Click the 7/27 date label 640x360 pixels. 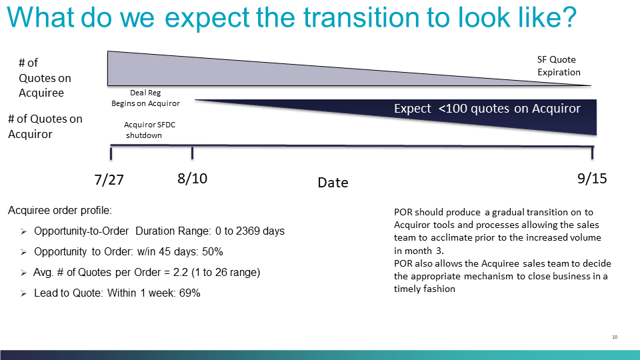click(x=109, y=179)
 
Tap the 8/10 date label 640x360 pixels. click(x=192, y=179)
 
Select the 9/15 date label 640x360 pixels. click(x=592, y=179)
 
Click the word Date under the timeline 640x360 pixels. click(x=333, y=183)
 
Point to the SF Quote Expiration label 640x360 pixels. click(x=559, y=66)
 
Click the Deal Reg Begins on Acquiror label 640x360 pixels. click(x=146, y=98)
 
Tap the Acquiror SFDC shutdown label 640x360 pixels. click(x=149, y=130)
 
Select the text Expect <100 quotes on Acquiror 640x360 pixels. click(x=487, y=109)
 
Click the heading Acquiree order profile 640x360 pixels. click(x=59, y=211)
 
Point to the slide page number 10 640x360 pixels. click(x=615, y=337)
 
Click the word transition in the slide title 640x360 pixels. click(x=361, y=17)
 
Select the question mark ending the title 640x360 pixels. click(x=569, y=17)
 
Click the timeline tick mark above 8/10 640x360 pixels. click(x=192, y=153)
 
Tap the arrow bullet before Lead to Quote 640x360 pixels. click(x=24, y=293)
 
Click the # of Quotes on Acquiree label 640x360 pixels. click(x=45, y=78)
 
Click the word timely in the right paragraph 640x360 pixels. click(x=407, y=289)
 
